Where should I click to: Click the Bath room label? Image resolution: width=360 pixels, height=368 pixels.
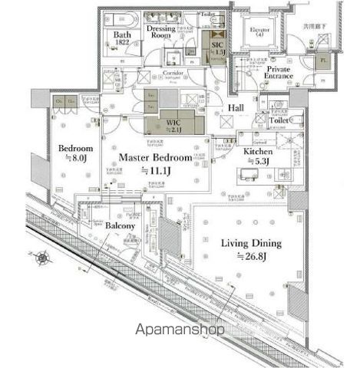(121, 34)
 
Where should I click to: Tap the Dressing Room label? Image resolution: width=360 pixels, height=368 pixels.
(160, 31)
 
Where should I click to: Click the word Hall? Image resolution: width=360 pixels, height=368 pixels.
(236, 108)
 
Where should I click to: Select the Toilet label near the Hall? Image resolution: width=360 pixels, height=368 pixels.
(279, 120)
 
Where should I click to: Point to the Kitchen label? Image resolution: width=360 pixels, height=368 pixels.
(258, 153)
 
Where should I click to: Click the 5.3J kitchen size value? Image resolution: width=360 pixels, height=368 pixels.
(259, 162)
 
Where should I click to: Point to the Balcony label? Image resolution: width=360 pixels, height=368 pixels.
(120, 226)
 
